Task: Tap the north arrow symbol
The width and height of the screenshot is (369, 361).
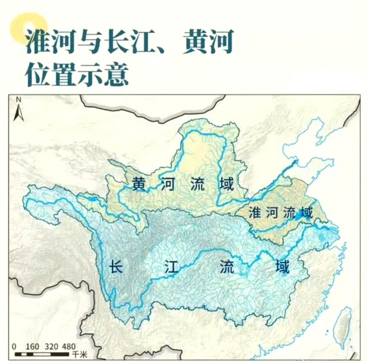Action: tap(18, 112)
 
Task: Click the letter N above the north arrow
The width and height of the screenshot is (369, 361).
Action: tap(19, 100)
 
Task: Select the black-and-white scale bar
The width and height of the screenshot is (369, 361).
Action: tap(42, 354)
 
